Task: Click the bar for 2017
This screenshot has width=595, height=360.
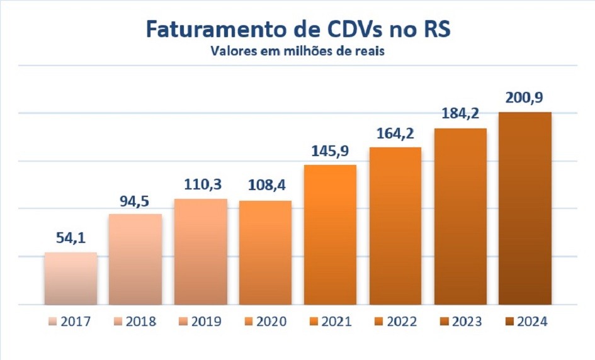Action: click(71, 278)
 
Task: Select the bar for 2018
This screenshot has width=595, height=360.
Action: click(135, 259)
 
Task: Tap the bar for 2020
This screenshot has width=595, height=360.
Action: click(265, 252)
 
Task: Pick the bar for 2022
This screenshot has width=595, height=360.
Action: click(395, 225)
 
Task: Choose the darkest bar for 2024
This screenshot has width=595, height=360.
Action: click(525, 208)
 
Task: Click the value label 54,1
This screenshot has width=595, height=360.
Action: click(71, 239)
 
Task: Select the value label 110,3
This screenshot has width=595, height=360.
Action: click(200, 185)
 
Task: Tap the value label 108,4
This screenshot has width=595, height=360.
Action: click(265, 187)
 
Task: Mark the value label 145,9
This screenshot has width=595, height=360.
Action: click(330, 151)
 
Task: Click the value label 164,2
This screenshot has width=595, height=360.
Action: click(395, 133)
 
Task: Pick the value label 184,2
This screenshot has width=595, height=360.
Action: click(460, 115)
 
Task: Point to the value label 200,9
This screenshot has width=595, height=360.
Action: click(525, 98)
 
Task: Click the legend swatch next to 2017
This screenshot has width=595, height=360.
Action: click(53, 322)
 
